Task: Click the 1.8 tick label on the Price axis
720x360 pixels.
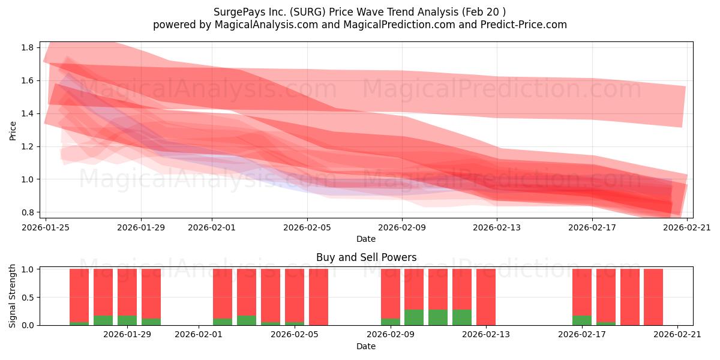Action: (x=27, y=47)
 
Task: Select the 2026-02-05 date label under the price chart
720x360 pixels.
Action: (x=307, y=227)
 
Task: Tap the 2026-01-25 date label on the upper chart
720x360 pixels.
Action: (x=46, y=227)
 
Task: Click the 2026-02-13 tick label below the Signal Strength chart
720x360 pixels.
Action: (x=485, y=335)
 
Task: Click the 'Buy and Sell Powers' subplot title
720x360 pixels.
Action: (x=366, y=257)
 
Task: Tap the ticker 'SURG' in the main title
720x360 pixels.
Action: (x=308, y=12)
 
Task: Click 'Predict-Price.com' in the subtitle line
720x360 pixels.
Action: (x=524, y=25)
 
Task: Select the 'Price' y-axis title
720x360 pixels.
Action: (x=13, y=131)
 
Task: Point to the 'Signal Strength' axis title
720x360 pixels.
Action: (x=12, y=296)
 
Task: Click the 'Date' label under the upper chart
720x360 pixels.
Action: (x=366, y=239)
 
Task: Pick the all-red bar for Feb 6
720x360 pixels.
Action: (x=319, y=297)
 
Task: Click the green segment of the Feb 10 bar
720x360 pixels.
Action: (x=414, y=317)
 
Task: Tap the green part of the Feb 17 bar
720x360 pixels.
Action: (x=582, y=320)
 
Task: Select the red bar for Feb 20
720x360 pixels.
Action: (x=653, y=297)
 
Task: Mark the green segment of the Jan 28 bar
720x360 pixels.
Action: (x=103, y=320)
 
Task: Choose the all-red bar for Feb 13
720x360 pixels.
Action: (x=486, y=297)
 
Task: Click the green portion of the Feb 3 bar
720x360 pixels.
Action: (x=247, y=320)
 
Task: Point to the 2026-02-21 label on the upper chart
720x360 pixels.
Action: (x=687, y=227)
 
